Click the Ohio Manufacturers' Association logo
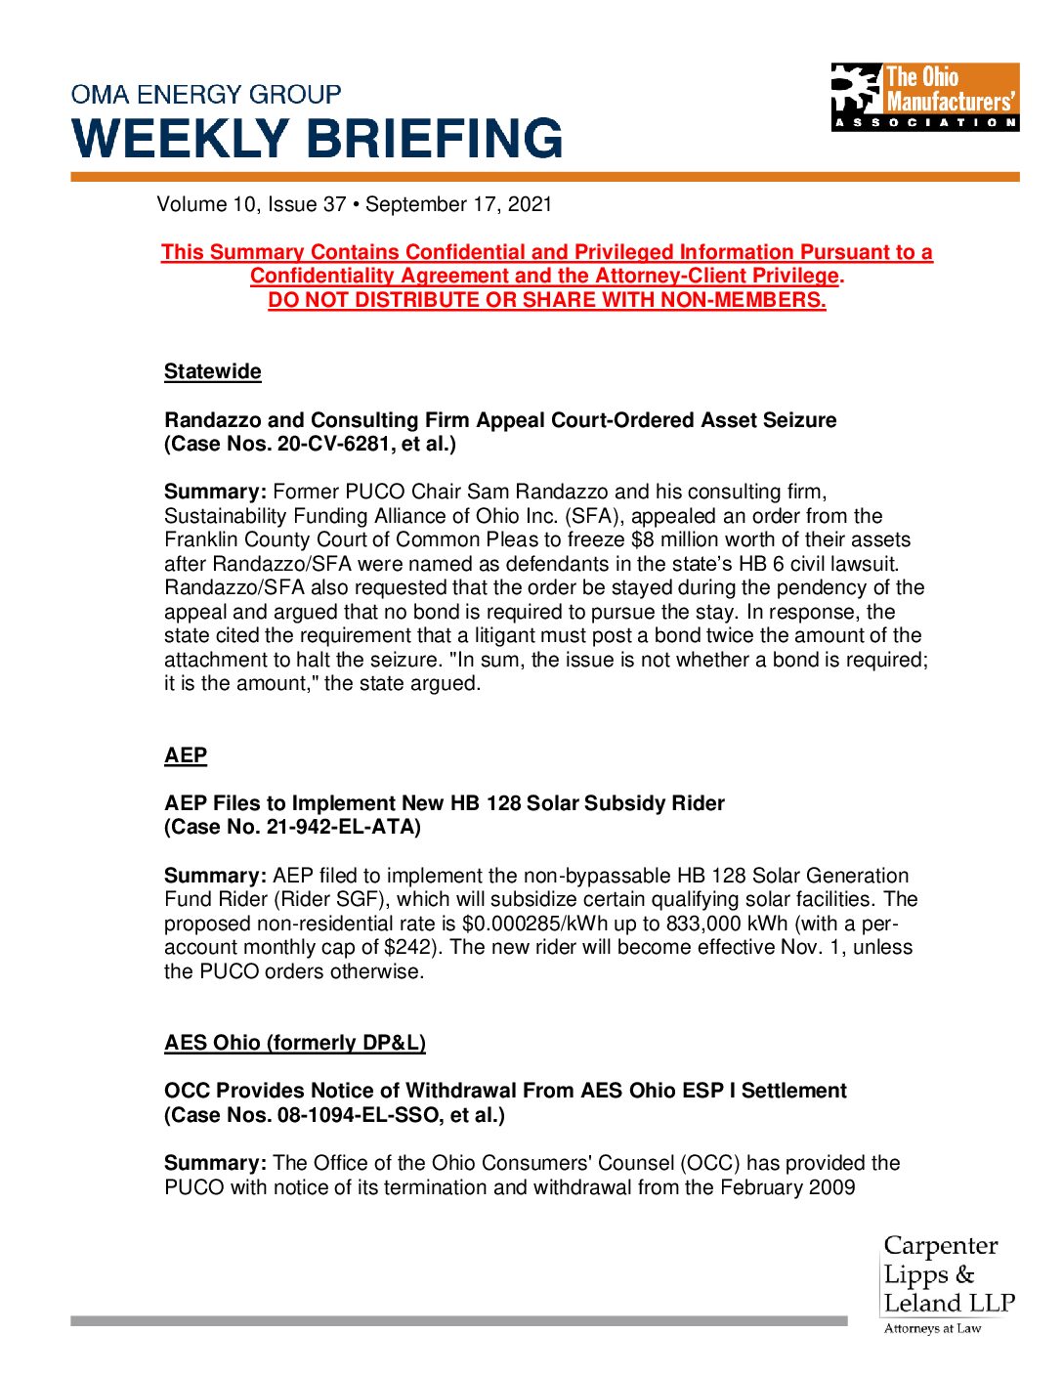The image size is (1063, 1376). coord(924,98)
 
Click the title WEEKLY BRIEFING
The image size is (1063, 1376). coord(318,139)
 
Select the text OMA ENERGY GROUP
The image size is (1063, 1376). coord(206,95)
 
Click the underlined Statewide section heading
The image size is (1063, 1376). coord(212,371)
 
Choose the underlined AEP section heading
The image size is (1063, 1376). coord(186,755)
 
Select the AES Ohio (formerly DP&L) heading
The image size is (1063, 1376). coord(295,1043)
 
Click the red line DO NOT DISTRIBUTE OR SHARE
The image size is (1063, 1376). coord(547,300)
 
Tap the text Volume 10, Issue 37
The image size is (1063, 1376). coord(251,204)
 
